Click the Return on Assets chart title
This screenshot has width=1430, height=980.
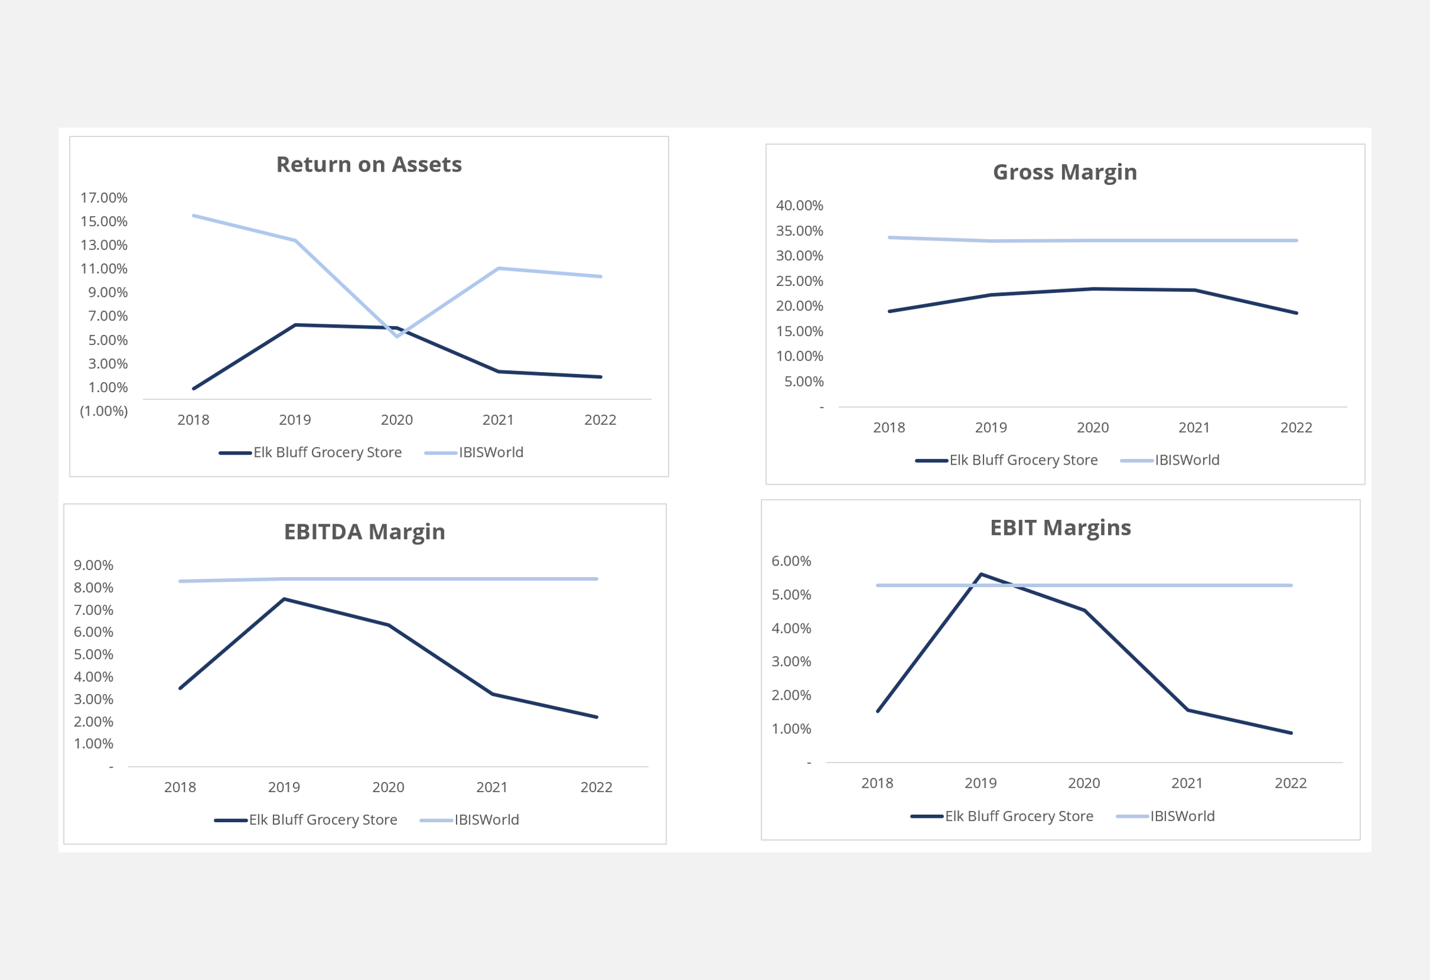tap(369, 164)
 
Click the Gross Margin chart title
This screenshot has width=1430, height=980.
tap(1064, 172)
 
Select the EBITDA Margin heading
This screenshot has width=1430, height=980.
tap(364, 531)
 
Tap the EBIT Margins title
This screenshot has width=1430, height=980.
tap(1060, 527)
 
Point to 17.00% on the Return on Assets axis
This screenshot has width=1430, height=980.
tap(104, 197)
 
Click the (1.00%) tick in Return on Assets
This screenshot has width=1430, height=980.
tap(104, 411)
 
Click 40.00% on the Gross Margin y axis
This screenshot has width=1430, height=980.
tap(799, 205)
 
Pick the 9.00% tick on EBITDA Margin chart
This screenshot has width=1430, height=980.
tap(93, 565)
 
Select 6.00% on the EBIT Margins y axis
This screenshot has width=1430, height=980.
tap(790, 561)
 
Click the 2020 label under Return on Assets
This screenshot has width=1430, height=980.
tap(397, 420)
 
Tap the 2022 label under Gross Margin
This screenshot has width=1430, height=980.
tap(1295, 427)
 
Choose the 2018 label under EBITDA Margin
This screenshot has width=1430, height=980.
tap(180, 787)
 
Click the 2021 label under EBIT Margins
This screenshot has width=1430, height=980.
tap(1187, 783)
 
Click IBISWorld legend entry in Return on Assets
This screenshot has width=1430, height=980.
tap(491, 453)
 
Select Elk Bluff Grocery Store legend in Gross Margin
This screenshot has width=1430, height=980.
tap(1023, 460)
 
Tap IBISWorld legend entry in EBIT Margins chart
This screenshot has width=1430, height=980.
tap(1182, 816)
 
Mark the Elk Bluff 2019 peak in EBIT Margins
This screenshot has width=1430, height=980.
tap(981, 574)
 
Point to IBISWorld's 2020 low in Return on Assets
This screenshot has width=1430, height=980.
tap(397, 336)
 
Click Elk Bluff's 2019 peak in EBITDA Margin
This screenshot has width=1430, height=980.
tap(284, 599)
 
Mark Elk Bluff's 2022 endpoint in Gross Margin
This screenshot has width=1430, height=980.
tap(1296, 313)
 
